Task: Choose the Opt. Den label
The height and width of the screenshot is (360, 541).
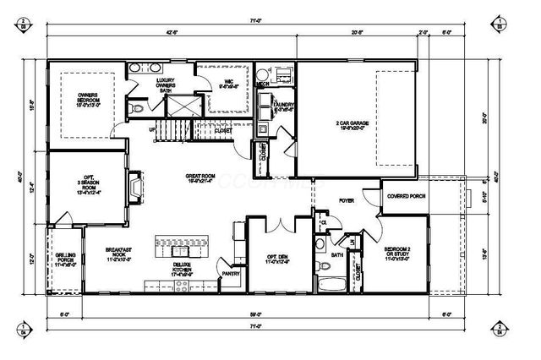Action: point(277,258)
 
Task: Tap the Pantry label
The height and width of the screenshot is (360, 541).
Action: point(230,274)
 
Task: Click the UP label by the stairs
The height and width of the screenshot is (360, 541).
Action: point(152,130)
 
